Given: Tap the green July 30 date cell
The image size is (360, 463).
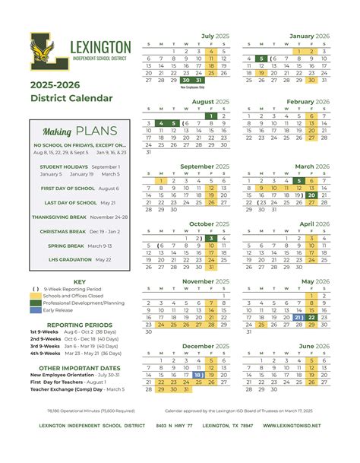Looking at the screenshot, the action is (x=186, y=80).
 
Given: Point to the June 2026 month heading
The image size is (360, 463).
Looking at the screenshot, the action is (x=314, y=347).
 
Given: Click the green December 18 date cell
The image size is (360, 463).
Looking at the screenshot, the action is (x=198, y=375).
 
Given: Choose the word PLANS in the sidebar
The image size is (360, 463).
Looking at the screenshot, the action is (x=96, y=131).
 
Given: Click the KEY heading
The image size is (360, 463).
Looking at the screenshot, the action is (x=80, y=282).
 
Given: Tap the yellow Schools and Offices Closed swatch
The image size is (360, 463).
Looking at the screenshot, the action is (x=36, y=297).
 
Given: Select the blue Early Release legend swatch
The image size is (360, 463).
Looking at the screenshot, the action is (x=36, y=310).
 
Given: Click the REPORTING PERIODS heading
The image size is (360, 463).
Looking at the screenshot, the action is (x=79, y=324).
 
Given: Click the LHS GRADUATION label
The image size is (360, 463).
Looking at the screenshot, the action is (x=67, y=259).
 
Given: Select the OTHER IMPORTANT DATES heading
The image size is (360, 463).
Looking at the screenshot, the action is (x=79, y=367).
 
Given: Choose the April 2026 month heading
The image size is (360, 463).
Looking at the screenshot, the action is (x=315, y=224).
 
